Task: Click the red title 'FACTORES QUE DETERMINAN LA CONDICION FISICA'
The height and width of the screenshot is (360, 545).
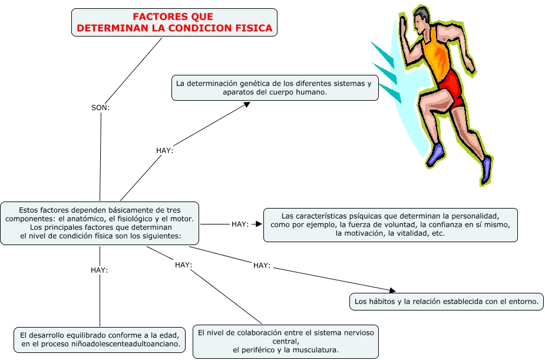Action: [174, 22]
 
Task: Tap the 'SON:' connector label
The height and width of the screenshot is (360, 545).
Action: [101, 108]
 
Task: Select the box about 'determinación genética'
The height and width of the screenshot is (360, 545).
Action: [275, 88]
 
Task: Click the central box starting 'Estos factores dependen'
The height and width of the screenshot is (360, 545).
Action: [100, 223]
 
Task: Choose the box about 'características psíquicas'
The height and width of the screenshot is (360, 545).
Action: [390, 224]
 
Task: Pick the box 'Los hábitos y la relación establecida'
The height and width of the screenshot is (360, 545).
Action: [446, 302]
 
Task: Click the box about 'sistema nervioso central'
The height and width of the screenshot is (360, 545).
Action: [286, 341]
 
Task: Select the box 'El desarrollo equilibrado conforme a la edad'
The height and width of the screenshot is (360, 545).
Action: [100, 339]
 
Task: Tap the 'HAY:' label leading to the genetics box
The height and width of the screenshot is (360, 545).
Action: [164, 151]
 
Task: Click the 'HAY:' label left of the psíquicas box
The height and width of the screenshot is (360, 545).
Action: [240, 224]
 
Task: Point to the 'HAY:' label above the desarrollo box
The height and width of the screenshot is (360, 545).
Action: [99, 270]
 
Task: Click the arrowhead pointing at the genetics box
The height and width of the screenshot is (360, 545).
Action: [247, 105]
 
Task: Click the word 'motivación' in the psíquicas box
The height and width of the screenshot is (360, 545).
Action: [355, 233]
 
